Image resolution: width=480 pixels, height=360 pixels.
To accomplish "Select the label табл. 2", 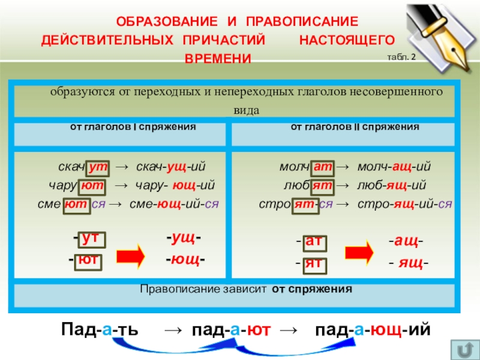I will click(405, 57).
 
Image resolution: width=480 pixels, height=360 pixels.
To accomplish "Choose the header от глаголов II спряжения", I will click(355, 127).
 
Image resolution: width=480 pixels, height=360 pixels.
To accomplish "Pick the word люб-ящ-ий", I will click(392, 185).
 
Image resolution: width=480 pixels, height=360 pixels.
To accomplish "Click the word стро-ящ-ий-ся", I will click(404, 203).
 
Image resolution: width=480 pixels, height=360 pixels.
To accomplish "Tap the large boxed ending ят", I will click(314, 262).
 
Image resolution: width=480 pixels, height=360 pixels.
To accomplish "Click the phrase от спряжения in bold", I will click(312, 289).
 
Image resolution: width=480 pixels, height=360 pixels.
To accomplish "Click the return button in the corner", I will click(464, 349).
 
